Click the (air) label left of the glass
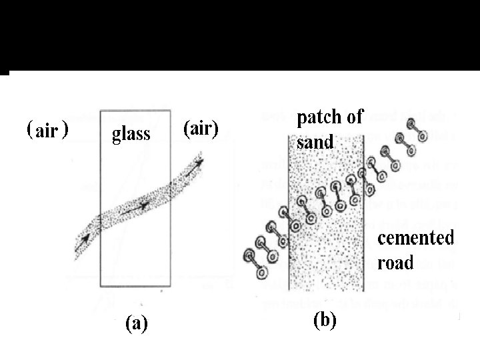[47, 130]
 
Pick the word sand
[311, 141]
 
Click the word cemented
[416, 239]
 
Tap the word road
[395, 262]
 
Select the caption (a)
[137, 325]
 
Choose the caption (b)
[325, 320]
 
